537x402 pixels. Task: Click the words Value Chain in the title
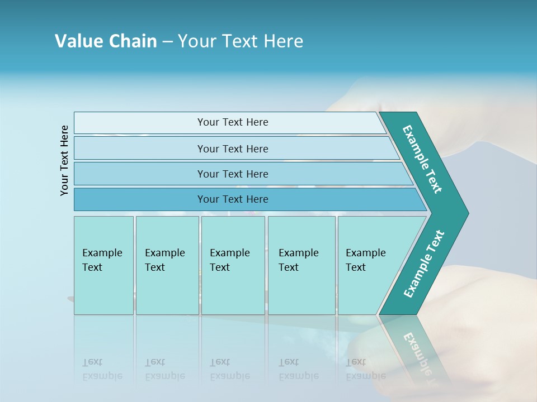click(106, 41)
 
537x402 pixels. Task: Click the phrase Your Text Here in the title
click(241, 41)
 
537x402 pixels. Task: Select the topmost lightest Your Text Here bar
click(232, 122)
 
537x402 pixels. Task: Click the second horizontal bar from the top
click(232, 149)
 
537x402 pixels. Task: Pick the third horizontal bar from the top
click(232, 174)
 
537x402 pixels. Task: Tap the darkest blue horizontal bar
click(232, 199)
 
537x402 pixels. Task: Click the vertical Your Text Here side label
click(64, 160)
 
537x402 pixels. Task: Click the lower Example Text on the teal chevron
click(424, 264)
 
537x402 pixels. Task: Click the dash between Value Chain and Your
click(167, 42)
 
